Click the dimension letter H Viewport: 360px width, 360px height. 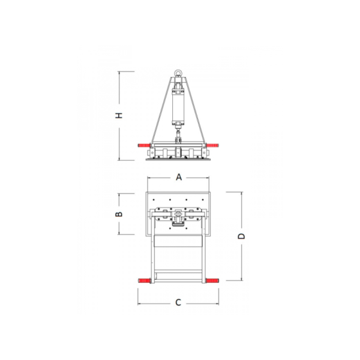pyautogui.click(x=119, y=115)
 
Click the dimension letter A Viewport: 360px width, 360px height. pyautogui.click(x=179, y=177)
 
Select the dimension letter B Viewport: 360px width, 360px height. pyautogui.click(x=119, y=214)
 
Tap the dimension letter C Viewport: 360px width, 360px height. pyautogui.click(x=178, y=302)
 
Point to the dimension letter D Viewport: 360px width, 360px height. pyautogui.click(x=241, y=236)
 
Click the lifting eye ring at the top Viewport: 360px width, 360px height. pyautogui.click(x=177, y=73)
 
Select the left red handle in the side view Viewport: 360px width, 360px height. pyautogui.click(x=144, y=145)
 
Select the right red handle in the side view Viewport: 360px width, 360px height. pyautogui.click(x=212, y=145)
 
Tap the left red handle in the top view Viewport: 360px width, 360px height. pyautogui.click(x=144, y=281)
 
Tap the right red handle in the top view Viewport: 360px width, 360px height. pyautogui.click(x=212, y=281)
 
